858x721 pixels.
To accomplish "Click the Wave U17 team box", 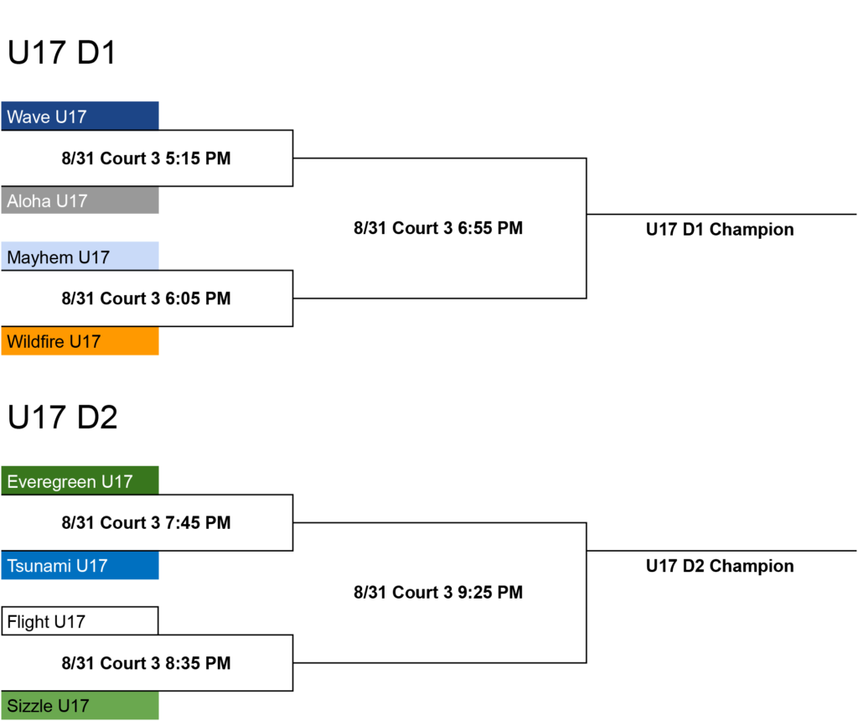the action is tap(80, 116).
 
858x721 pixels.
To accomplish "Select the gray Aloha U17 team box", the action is tap(80, 200).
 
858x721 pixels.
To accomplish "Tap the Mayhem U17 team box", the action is tap(80, 257).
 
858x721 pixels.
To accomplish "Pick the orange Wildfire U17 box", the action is tap(80, 341).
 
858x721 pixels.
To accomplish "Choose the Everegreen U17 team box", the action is tap(80, 480).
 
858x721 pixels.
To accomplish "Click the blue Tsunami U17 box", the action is tap(80, 565).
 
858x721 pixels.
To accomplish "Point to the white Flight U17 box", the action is tap(80, 621).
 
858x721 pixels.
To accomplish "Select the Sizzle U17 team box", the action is tap(80, 705).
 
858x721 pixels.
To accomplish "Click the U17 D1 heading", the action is tap(62, 53).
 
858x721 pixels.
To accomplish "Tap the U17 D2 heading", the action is tap(62, 418).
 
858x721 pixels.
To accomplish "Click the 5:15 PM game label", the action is tap(146, 158).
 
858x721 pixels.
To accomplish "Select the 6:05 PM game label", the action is tap(146, 298).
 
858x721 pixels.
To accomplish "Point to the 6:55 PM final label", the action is tap(438, 228).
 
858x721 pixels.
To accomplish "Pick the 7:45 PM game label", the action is tap(146, 523).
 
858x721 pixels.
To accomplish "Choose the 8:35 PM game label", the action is tap(146, 663).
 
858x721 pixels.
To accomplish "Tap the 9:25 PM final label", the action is tap(438, 593).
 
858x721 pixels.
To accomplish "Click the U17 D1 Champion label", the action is tap(720, 230).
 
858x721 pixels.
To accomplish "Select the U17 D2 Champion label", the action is tap(720, 566).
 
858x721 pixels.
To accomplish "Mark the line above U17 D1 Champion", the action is tap(721, 214).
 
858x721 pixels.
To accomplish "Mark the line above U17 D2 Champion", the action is tap(721, 551).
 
